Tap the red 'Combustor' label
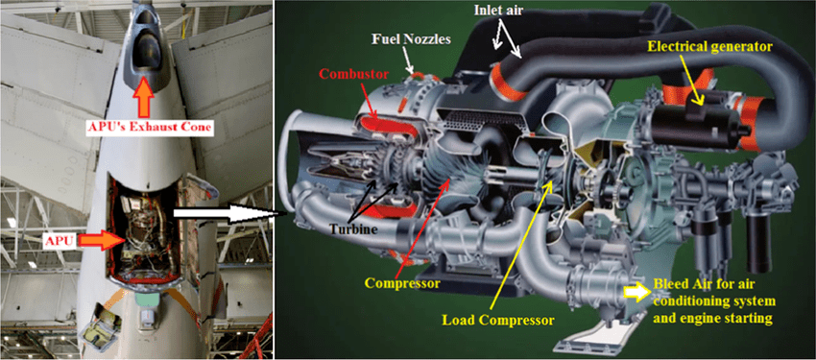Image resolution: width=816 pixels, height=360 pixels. point(347,73)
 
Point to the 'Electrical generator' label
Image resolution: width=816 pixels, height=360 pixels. point(709,47)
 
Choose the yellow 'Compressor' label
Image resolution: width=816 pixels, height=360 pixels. point(402,283)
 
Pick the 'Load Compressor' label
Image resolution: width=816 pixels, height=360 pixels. point(498,319)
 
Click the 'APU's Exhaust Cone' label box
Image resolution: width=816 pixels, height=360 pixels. point(151,128)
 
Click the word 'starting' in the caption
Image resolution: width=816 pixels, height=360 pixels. point(751,319)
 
